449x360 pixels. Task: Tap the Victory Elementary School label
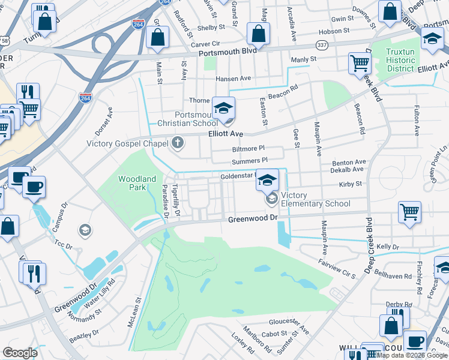point(315,200)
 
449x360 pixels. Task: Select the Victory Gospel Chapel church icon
point(176,143)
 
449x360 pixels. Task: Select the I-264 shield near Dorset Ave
point(85,97)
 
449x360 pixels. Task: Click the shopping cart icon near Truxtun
point(360,62)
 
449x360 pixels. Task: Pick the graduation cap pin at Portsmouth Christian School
point(223,108)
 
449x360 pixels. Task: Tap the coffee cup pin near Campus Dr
point(34,187)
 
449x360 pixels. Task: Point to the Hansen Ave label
point(233,79)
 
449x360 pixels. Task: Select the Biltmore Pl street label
point(248,149)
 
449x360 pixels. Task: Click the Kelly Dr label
point(388,247)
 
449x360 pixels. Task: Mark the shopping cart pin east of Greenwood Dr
point(409,211)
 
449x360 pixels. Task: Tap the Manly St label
point(303,59)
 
